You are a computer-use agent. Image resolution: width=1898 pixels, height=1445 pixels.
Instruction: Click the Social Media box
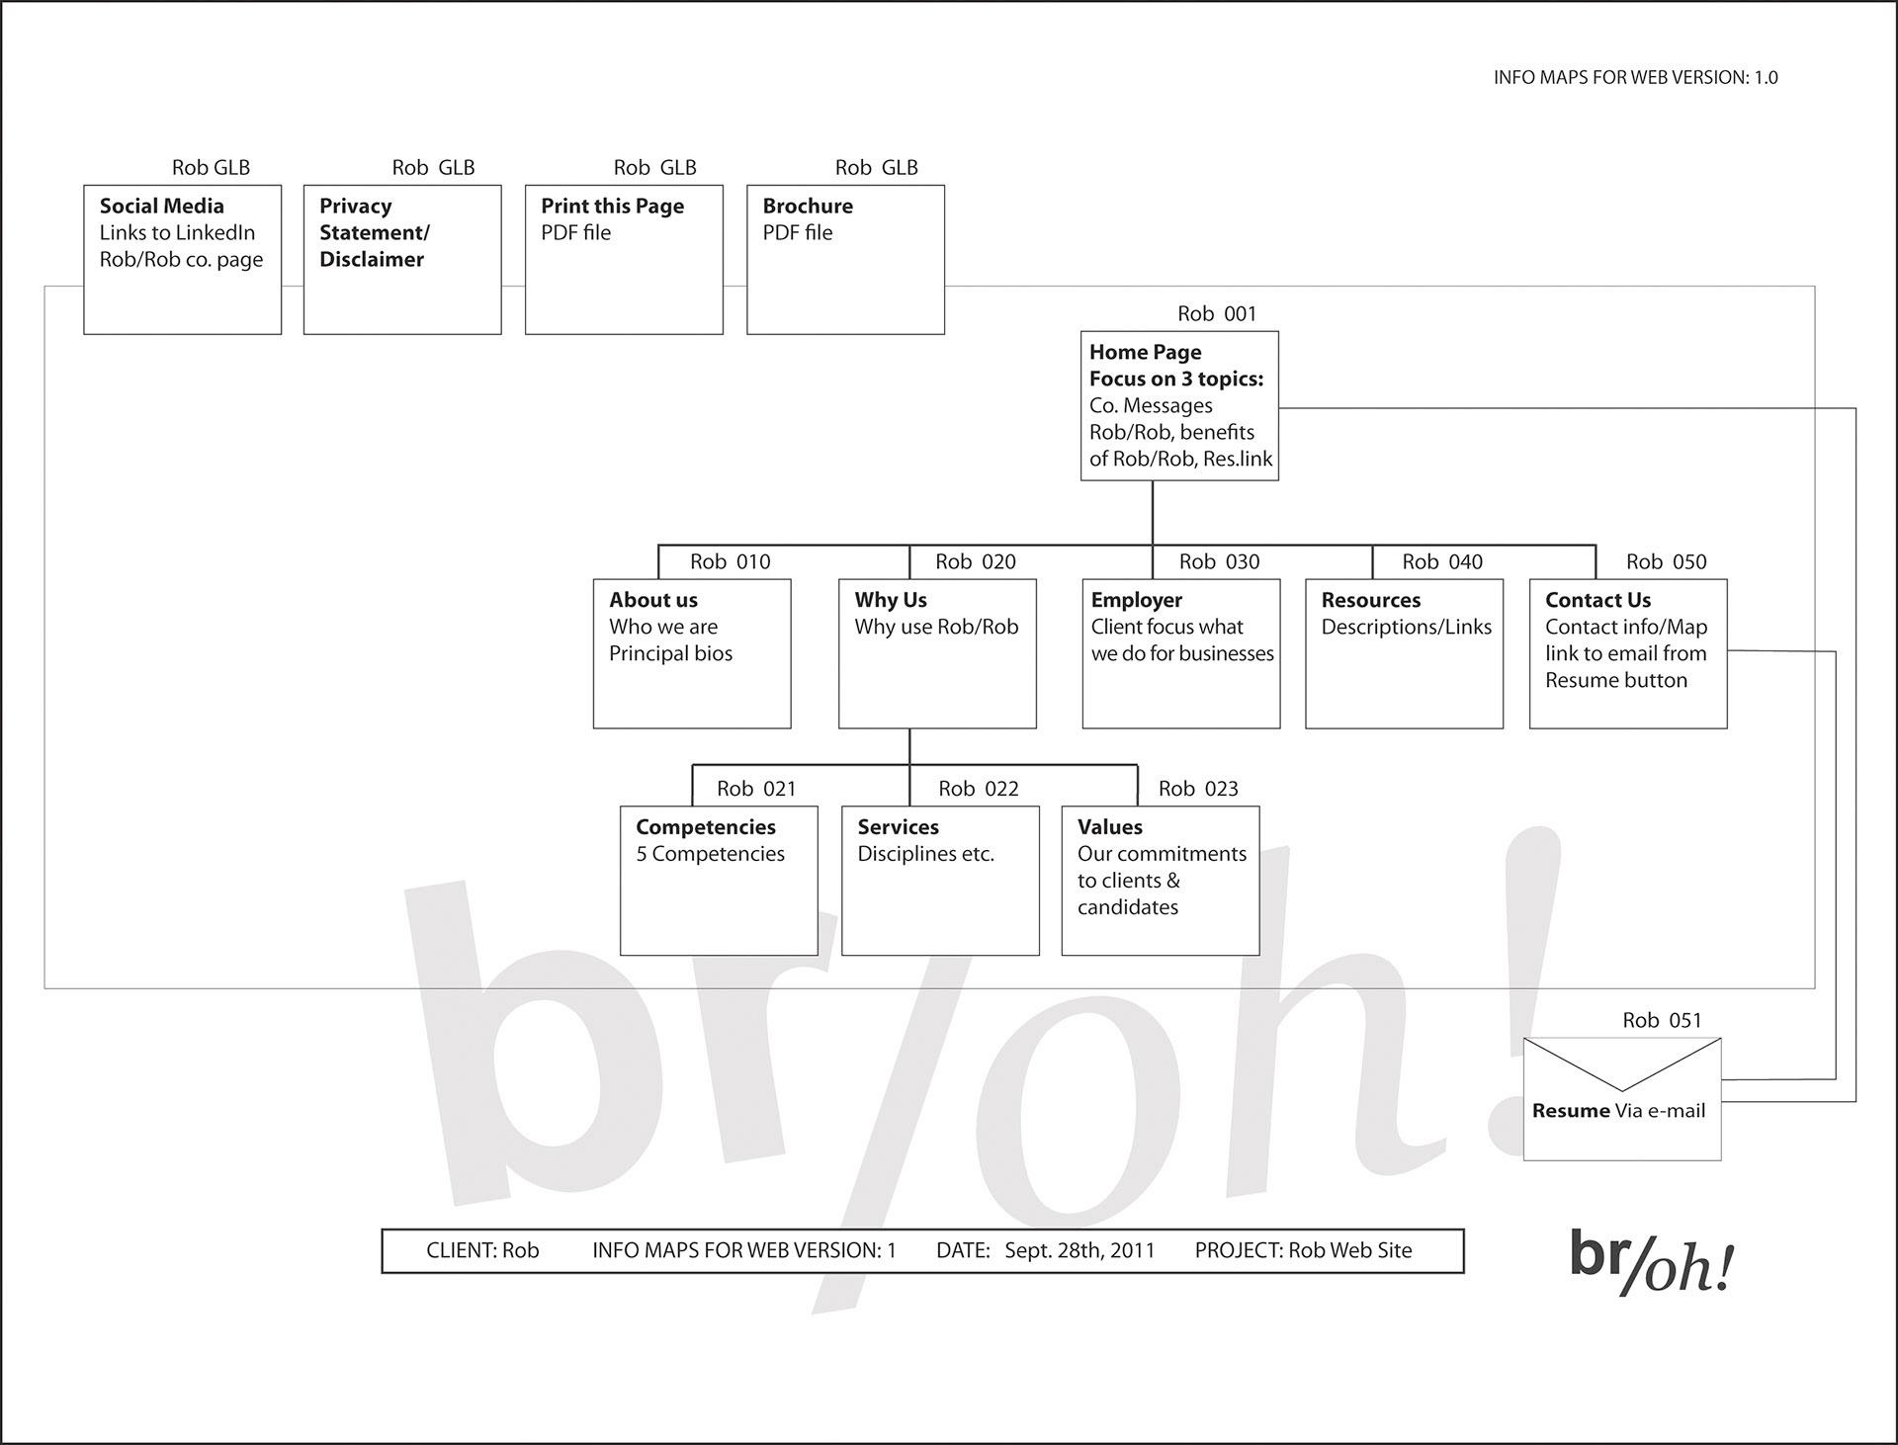coord(182,259)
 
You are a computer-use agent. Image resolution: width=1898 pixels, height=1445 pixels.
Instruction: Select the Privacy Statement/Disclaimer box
coord(402,259)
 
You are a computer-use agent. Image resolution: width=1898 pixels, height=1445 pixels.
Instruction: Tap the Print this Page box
coord(624,259)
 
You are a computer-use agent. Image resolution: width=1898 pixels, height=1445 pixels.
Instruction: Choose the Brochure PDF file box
coord(845,259)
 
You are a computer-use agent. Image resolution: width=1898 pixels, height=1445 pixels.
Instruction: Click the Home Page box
coord(1179,405)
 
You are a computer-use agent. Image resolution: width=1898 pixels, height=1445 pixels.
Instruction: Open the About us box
coord(692,653)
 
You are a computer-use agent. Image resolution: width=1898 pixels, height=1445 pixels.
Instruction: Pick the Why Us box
coord(937,653)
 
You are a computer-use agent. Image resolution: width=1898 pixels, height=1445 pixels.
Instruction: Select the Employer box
coord(1181,653)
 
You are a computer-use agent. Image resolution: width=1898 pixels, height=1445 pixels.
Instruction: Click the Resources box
coord(1404,653)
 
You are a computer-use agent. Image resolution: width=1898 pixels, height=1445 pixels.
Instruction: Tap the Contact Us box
coord(1628,653)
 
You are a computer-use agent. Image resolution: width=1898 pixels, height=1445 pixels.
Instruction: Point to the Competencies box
coord(719,881)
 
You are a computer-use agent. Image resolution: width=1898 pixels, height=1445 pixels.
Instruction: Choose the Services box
coord(940,881)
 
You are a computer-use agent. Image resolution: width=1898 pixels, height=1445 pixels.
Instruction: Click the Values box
coord(1161,881)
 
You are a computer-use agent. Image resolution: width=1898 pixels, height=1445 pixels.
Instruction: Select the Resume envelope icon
coord(1622,1098)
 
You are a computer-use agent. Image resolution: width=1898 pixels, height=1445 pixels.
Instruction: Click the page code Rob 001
coord(1217,314)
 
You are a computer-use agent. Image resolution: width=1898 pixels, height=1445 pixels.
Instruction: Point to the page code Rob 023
coord(1198,789)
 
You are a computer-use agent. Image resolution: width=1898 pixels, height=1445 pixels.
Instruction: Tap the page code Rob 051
coord(1662,1021)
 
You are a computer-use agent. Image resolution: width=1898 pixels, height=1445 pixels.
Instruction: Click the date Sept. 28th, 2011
coord(1079,1250)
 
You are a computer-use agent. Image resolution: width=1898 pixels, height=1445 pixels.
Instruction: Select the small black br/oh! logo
coord(1652,1263)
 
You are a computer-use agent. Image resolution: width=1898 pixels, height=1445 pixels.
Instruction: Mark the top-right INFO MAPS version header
coord(1635,78)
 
